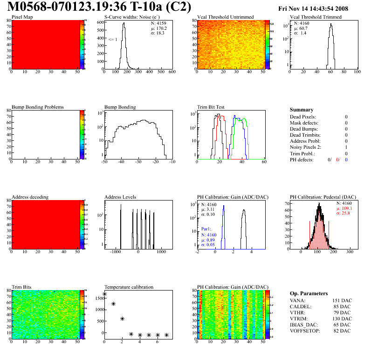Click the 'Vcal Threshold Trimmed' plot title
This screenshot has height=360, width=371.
pyautogui.click(x=316, y=17)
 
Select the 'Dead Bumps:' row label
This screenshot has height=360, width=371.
pyautogui.click(x=303, y=129)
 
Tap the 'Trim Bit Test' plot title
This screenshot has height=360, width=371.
pyautogui.click(x=211, y=107)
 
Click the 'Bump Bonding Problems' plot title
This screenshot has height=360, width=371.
pyautogui.click(x=38, y=107)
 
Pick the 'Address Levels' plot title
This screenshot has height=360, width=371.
pyautogui.click(x=120, y=197)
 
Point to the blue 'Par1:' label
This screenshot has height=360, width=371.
pyautogui.click(x=206, y=229)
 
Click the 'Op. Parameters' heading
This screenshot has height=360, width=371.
pyautogui.click(x=309, y=293)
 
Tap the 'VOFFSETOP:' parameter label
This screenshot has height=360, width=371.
pyautogui.click(x=305, y=331)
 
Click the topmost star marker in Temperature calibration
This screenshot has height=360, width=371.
pyautogui.click(x=104, y=294)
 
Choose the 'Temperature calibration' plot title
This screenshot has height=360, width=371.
pyautogui.click(x=129, y=287)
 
